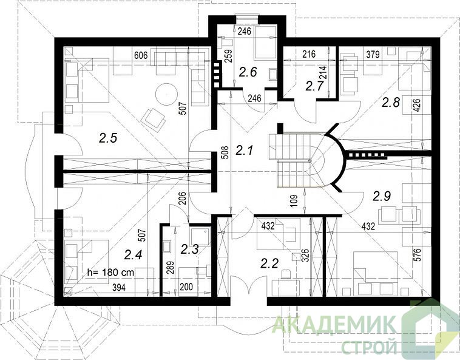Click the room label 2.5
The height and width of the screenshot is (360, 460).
tap(108, 138)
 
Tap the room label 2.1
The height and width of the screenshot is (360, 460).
tap(244, 151)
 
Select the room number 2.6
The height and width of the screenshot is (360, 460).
tap(248, 72)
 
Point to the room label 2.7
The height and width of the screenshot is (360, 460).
tap(314, 86)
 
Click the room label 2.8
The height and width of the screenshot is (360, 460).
tap(390, 103)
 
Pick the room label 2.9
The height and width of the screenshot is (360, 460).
tap(382, 196)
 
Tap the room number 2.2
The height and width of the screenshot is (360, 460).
tap(269, 263)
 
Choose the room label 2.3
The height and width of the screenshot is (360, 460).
tap(189, 249)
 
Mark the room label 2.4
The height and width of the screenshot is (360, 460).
tap(133, 254)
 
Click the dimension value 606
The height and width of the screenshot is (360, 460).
tap(140, 55)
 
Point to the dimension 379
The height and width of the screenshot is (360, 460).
tap(373, 54)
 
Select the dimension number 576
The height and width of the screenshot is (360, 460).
tap(418, 255)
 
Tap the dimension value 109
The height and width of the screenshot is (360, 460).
tap(295, 202)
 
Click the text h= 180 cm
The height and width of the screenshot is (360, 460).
tap(111, 273)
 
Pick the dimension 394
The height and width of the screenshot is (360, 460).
tap(119, 288)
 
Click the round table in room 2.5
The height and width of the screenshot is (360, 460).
tap(166, 94)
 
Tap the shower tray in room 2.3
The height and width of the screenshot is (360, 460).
tap(200, 236)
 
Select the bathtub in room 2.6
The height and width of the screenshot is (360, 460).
tap(265, 42)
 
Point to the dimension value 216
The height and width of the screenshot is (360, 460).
tap(309, 54)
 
